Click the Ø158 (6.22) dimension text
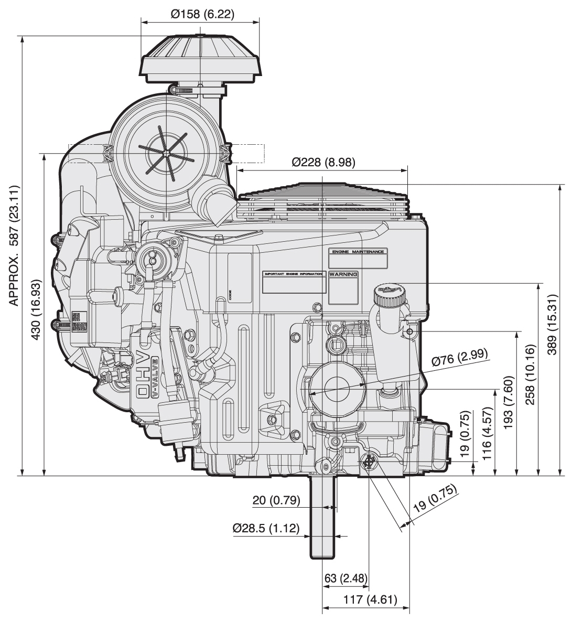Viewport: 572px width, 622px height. (x=202, y=14)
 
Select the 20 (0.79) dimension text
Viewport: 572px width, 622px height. (x=276, y=500)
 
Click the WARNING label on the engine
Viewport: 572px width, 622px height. (x=343, y=274)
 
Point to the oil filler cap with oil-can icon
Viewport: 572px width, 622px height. (x=389, y=294)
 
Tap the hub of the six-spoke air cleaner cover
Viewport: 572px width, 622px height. (x=165, y=153)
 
